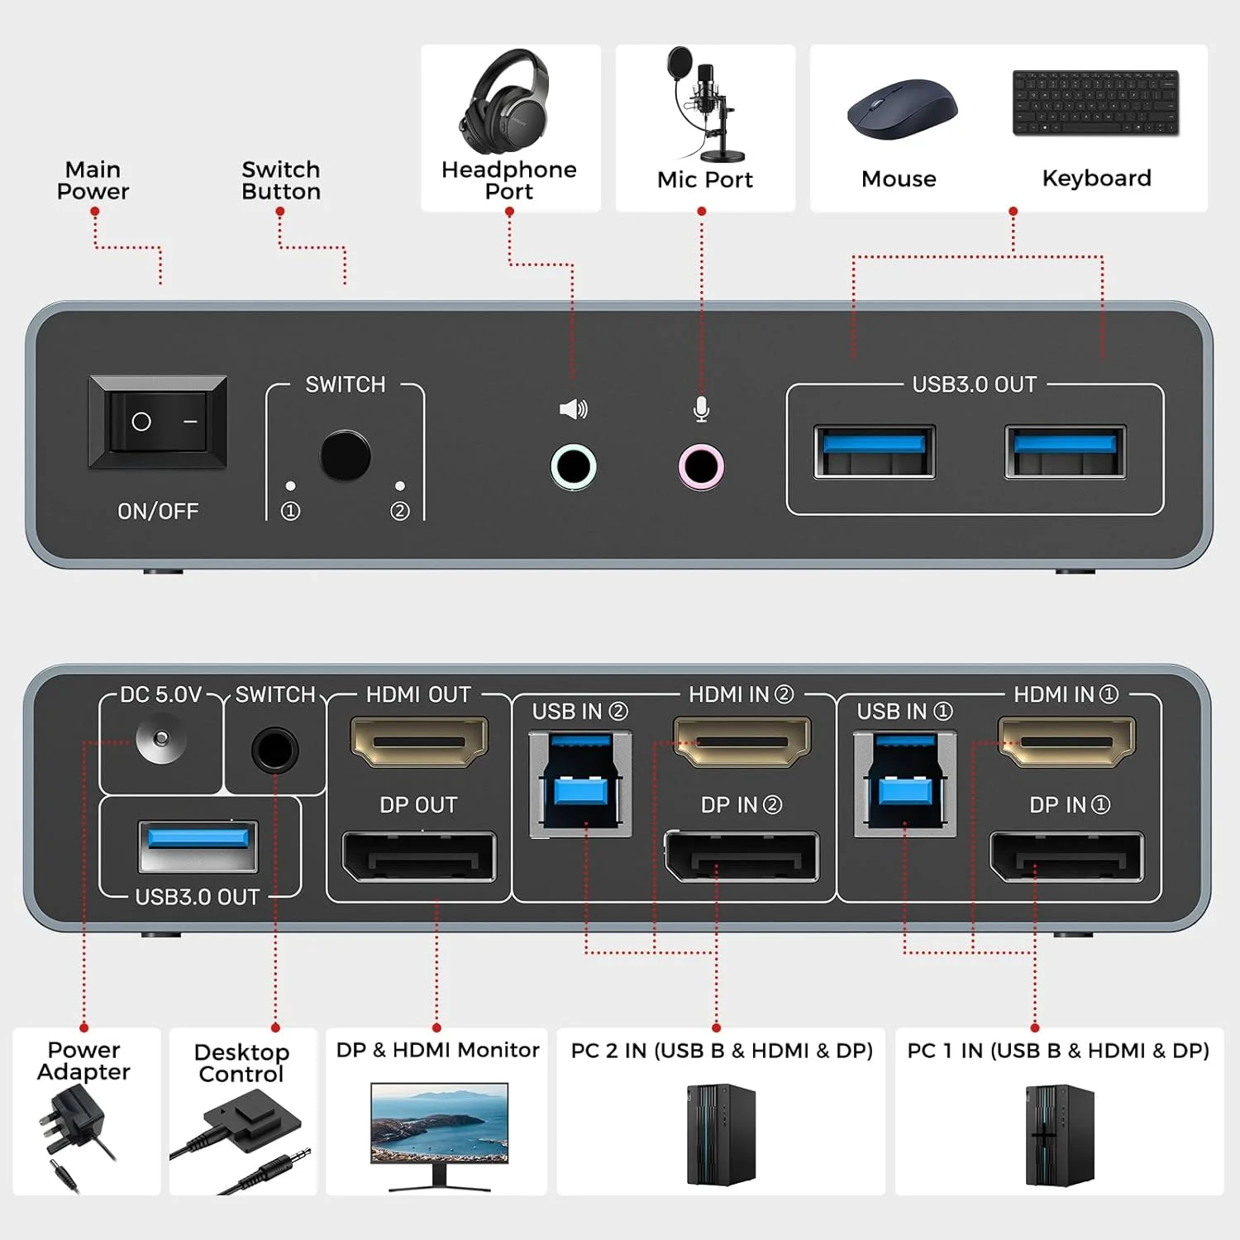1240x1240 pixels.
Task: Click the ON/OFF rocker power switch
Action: (x=157, y=422)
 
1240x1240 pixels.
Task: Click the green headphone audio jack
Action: (x=573, y=467)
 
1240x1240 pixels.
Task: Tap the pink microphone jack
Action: (x=701, y=467)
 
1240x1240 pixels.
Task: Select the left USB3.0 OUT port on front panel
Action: (x=874, y=451)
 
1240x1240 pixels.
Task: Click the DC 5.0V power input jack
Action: (x=161, y=737)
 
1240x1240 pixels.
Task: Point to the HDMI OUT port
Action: (x=419, y=740)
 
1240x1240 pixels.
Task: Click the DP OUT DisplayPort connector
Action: (x=419, y=857)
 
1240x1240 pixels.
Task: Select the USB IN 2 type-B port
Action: (x=580, y=784)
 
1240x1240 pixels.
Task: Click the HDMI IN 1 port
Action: (x=1066, y=740)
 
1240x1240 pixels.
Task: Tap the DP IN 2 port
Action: (x=742, y=857)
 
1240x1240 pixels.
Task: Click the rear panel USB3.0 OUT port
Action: (x=198, y=846)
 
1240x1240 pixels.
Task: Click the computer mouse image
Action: (x=901, y=109)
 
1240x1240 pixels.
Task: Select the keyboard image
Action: (x=1095, y=103)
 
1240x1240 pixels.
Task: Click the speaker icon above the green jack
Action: (x=573, y=408)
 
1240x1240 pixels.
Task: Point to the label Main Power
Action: (x=93, y=180)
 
